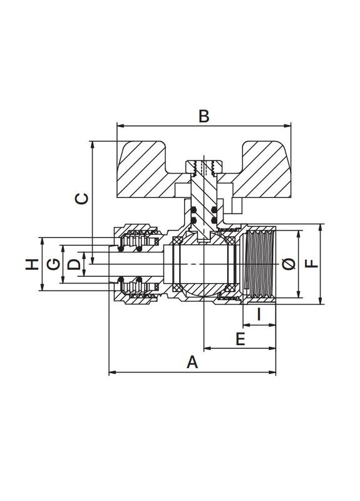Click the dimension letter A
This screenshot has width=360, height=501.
coord(192,363)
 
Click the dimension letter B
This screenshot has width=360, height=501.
coord(204,116)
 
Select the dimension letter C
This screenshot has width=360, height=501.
coord(81,199)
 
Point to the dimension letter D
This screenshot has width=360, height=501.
coord(74,264)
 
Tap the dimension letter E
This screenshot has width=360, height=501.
coord(240,339)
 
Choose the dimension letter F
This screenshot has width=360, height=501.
coord(312,264)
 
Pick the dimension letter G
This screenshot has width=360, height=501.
coord(53,264)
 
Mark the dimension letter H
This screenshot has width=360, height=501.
coord(33,264)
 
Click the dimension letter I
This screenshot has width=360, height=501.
coord(259,314)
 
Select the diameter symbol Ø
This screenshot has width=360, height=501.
coord(289,264)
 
